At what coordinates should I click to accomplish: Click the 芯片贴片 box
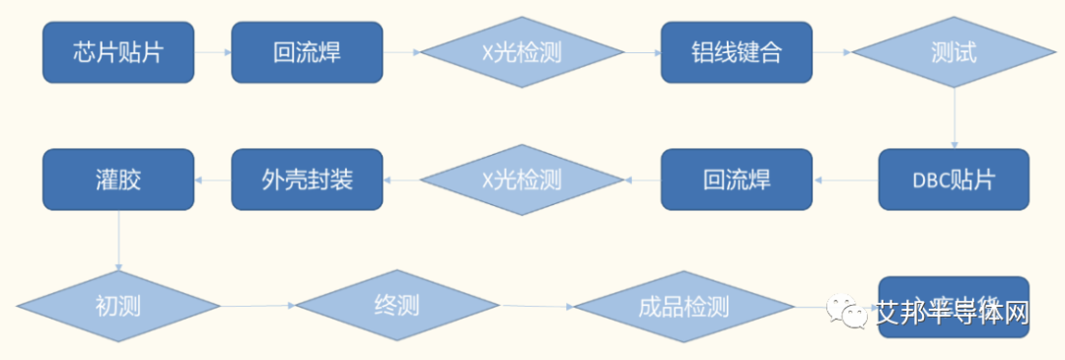tap(118, 52)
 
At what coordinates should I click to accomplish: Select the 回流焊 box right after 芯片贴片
tap(307, 52)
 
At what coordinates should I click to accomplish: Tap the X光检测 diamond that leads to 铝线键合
tap(522, 52)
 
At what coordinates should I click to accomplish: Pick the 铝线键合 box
tap(736, 52)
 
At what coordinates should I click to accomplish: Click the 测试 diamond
tap(953, 52)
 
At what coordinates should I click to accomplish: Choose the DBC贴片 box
tap(953, 180)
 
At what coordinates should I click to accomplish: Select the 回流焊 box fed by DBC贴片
tap(736, 180)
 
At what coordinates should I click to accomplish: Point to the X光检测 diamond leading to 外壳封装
tap(522, 180)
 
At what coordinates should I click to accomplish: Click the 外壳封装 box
tap(307, 180)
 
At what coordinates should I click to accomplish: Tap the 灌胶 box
tap(118, 180)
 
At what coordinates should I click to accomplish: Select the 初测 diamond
tap(118, 306)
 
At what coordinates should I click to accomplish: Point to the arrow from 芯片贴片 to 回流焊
tap(213, 52)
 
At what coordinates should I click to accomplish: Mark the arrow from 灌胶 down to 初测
tap(118, 241)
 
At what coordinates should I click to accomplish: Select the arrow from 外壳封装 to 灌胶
tap(213, 180)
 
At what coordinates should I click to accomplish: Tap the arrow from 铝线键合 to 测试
tap(831, 52)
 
